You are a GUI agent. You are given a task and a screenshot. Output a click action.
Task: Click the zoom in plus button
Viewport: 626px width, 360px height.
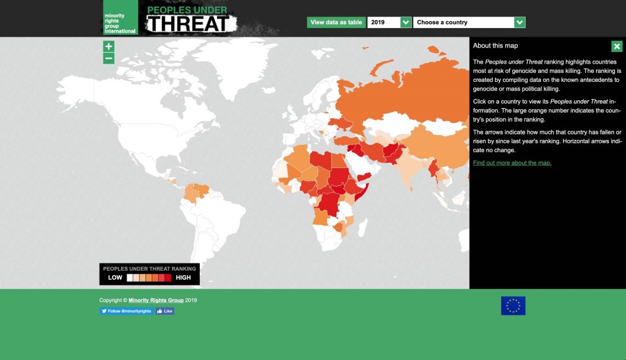coord(109,46)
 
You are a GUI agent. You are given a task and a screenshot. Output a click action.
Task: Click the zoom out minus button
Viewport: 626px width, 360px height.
coord(109,59)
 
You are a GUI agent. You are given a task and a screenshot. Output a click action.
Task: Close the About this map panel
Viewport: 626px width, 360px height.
coord(617,46)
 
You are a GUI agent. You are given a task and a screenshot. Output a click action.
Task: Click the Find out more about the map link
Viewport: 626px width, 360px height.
coord(512,163)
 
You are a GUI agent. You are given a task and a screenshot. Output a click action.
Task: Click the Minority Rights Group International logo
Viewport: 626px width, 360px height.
coord(120,18)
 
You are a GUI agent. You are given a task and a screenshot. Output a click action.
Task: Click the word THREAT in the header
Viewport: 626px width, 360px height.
coord(190,24)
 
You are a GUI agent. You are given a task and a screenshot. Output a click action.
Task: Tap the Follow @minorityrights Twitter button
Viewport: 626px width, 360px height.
coord(127,311)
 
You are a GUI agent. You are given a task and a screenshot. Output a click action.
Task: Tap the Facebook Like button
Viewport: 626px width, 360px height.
coord(165,311)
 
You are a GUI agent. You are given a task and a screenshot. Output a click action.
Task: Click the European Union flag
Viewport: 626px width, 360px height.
coord(513,306)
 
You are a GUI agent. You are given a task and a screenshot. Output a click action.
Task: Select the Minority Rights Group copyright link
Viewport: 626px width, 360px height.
coord(156,300)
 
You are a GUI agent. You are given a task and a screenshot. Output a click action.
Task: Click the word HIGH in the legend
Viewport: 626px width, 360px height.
coord(183,277)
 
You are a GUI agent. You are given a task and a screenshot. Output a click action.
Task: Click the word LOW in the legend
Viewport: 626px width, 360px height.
coord(116,277)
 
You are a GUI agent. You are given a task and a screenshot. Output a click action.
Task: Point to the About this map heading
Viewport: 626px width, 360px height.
coord(496,46)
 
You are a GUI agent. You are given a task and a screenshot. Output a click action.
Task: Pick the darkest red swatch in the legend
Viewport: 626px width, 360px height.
coord(168,277)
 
